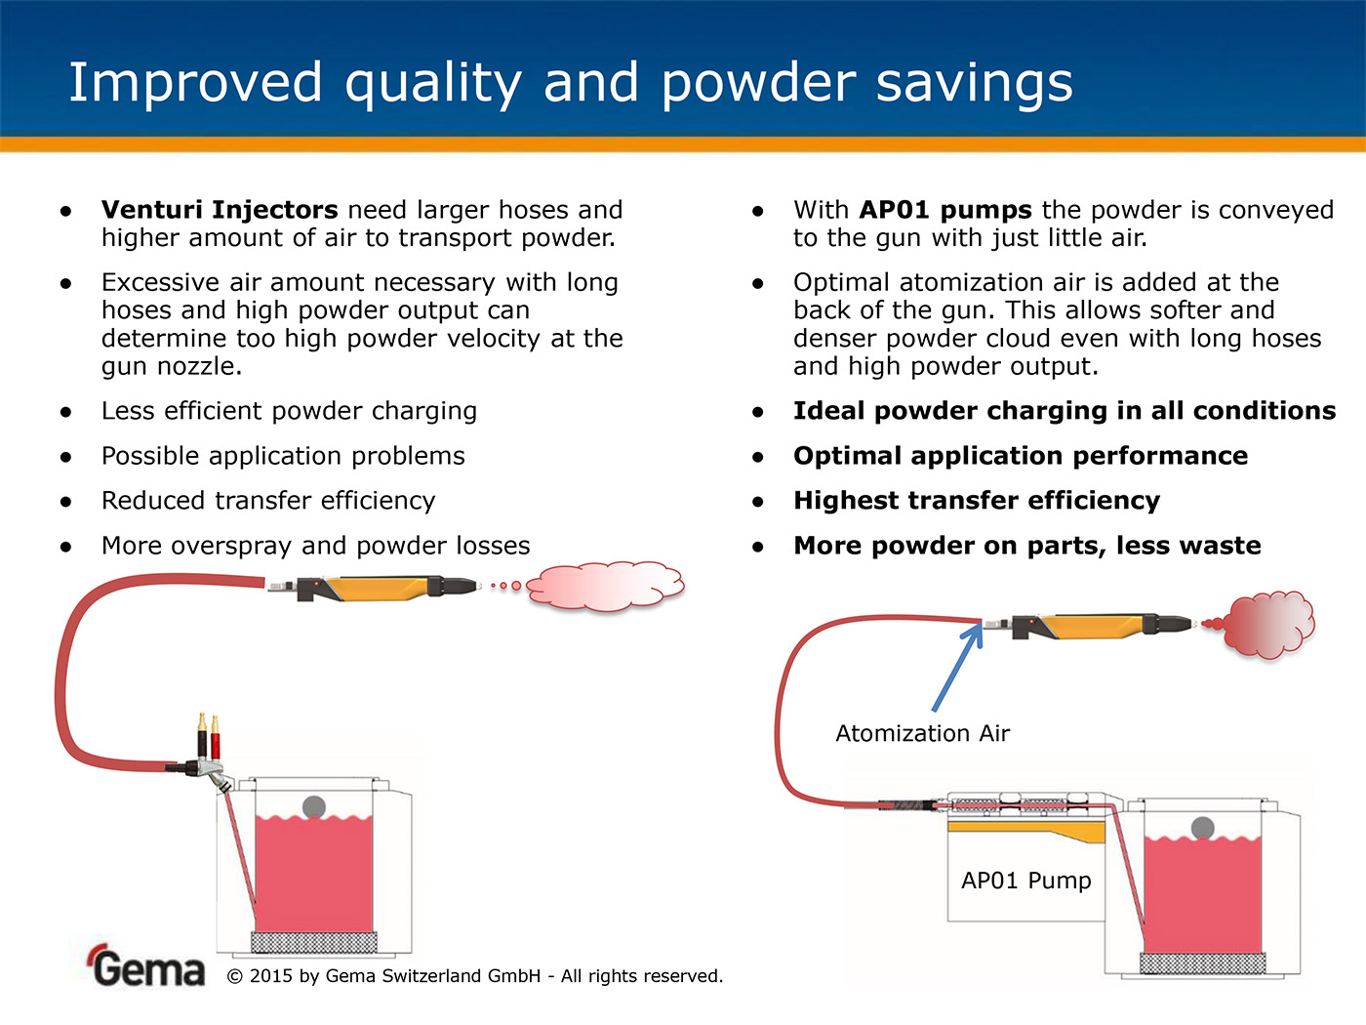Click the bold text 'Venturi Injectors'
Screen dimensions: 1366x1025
[x=220, y=210]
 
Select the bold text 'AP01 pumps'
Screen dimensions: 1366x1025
[x=945, y=210]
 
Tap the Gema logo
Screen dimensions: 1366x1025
[x=146, y=965]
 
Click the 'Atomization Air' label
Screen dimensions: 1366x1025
[x=922, y=733]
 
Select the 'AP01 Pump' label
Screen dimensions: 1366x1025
[x=1025, y=881]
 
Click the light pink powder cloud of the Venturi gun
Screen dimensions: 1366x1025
[x=605, y=587]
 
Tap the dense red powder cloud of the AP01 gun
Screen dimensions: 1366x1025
[x=1268, y=624]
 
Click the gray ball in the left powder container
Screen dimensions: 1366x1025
[x=313, y=807]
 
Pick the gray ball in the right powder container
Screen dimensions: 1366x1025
[x=1202, y=829]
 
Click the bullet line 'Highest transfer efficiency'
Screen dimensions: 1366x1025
[x=977, y=501]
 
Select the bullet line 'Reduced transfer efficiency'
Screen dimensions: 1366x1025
[x=268, y=501]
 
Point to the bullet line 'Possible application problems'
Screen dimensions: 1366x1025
[x=283, y=456]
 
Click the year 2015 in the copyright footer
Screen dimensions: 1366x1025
[x=270, y=976]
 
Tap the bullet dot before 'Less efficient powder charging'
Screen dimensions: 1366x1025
[x=66, y=412]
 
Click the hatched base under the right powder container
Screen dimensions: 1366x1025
[x=1202, y=963]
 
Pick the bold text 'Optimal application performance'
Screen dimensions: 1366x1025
[x=1021, y=456]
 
